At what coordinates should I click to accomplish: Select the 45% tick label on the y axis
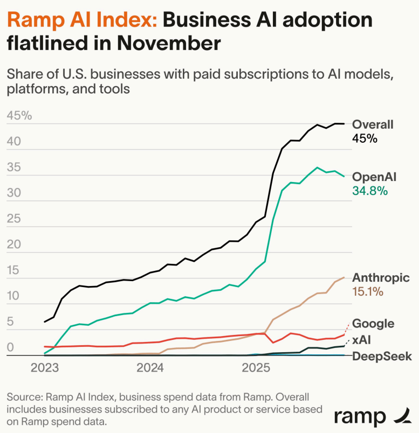[x=19, y=116]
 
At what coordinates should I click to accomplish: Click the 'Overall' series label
[x=373, y=124]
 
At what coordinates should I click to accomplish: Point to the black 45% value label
[x=365, y=138]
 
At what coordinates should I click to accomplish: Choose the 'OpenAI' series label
[x=374, y=177]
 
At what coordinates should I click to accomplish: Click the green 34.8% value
[x=370, y=190]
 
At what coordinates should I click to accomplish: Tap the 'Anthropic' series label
[x=381, y=278]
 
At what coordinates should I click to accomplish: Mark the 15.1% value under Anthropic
[x=368, y=291]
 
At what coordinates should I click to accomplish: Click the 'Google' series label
[x=373, y=324]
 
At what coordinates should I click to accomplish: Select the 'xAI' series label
[x=361, y=340]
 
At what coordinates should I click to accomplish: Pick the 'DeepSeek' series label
[x=382, y=357]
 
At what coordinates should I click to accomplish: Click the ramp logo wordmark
[x=360, y=417]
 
